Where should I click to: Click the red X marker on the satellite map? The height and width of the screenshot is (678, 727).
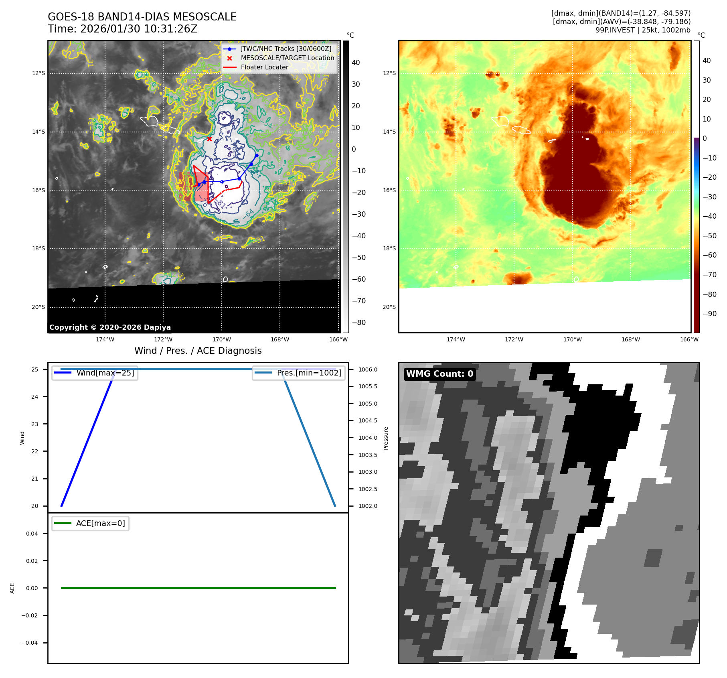(x=209, y=139)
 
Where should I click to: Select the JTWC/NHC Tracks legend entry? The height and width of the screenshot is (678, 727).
(x=286, y=49)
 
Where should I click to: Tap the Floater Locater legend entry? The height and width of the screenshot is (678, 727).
(x=264, y=67)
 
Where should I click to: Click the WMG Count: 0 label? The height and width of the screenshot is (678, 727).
(x=439, y=374)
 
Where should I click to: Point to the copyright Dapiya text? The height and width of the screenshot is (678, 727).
(x=110, y=327)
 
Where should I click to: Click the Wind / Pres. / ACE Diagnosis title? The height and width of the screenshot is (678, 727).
(x=198, y=351)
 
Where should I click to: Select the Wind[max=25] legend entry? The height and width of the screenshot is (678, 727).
(x=105, y=373)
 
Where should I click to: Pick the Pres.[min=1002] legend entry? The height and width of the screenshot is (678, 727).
(x=309, y=373)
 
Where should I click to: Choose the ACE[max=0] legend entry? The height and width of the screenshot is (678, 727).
(x=100, y=523)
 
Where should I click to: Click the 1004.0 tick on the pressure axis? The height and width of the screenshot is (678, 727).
(x=368, y=438)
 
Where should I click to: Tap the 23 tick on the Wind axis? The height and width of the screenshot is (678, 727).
(x=35, y=424)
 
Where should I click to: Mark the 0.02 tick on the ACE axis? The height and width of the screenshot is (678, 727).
(x=32, y=561)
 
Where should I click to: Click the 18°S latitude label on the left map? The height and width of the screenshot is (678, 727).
(x=38, y=249)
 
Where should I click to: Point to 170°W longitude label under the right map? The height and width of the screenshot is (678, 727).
(x=572, y=340)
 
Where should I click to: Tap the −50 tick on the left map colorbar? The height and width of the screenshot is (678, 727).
(x=358, y=258)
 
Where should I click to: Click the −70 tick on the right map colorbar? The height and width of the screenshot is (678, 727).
(x=709, y=275)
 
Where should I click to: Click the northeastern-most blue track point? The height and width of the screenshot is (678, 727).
(x=257, y=155)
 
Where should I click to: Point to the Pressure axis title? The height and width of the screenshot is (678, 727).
(x=386, y=438)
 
